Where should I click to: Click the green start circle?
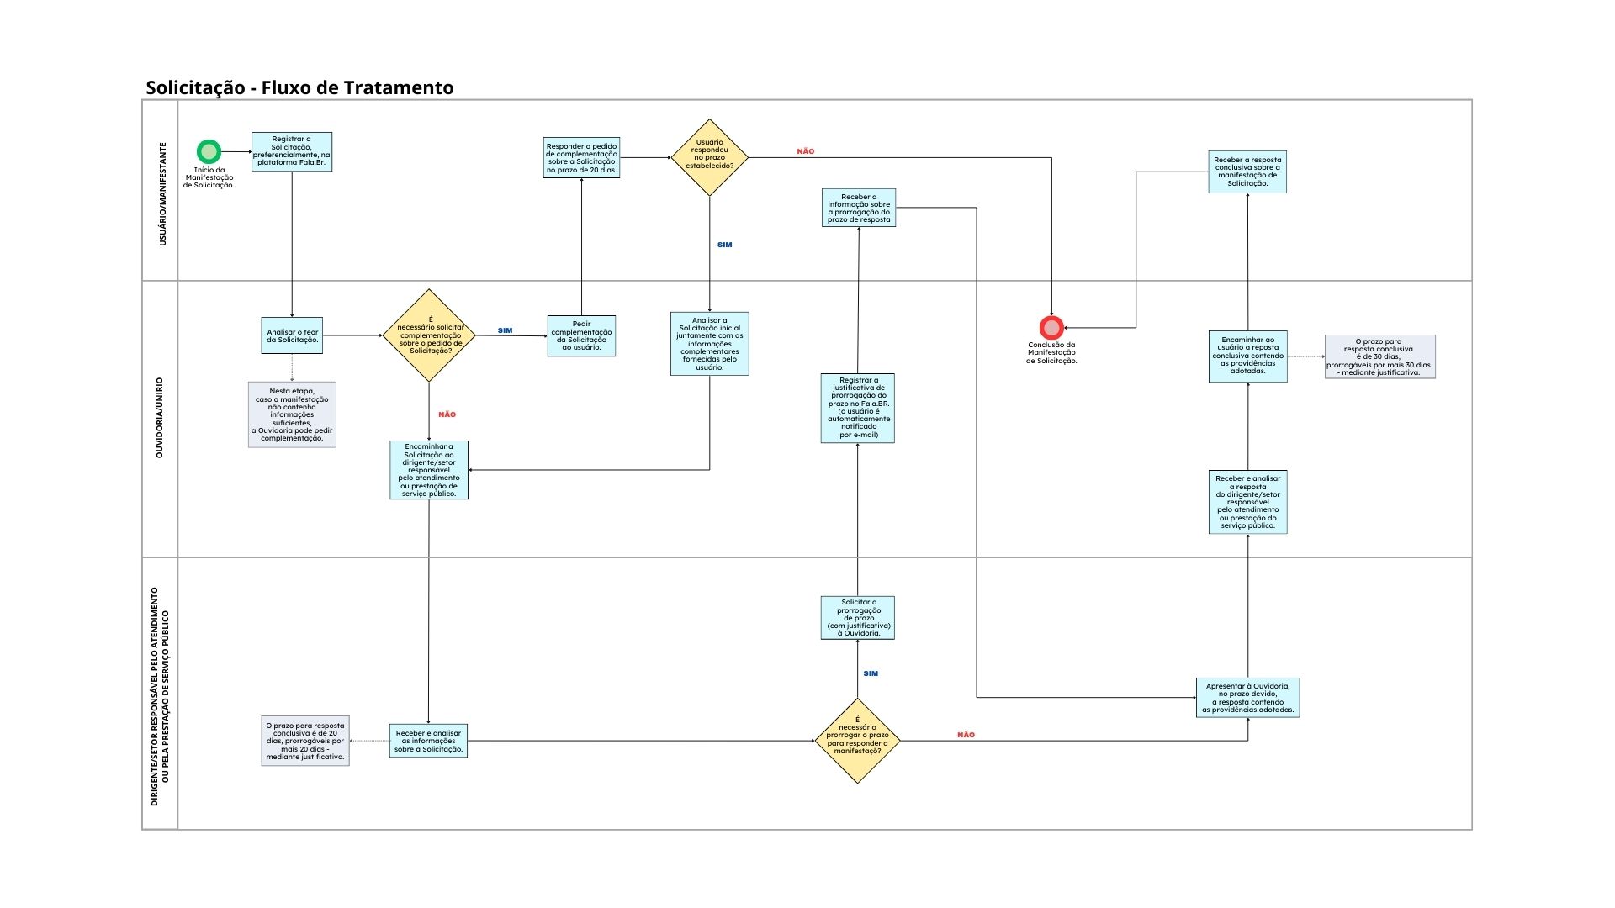[209, 152]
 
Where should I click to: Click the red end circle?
[1051, 327]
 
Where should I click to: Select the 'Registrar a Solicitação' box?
[292, 151]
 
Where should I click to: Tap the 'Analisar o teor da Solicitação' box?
[292, 335]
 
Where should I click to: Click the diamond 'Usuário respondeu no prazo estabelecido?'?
[709, 157]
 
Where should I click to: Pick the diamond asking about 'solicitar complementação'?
[429, 335]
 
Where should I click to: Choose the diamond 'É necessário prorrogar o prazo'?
[857, 741]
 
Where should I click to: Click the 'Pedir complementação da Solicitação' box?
[581, 335]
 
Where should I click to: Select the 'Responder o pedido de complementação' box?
[581, 158]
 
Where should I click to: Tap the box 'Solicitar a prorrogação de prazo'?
[857, 618]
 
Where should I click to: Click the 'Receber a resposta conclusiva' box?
[1247, 172]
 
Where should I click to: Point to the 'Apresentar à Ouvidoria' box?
[1247, 698]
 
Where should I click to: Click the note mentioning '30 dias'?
[1379, 356]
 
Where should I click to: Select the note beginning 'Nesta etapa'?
[292, 414]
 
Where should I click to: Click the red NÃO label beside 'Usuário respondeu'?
[805, 151]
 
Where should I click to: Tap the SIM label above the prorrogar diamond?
[871, 673]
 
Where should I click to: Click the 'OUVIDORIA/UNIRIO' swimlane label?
[160, 418]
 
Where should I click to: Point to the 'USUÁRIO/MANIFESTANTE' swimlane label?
[162, 193]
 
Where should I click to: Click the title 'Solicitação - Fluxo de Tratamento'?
[299, 87]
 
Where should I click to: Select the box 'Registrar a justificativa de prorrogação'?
[857, 408]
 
